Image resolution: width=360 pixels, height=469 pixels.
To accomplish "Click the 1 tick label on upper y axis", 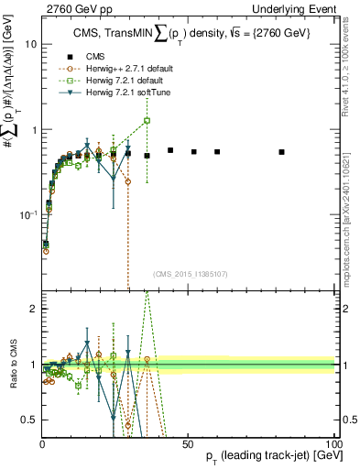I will click(x=33, y=129).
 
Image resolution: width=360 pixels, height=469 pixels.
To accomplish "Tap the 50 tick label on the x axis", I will click(x=187, y=442).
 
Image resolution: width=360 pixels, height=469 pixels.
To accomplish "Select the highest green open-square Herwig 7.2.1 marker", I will click(x=147, y=121).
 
